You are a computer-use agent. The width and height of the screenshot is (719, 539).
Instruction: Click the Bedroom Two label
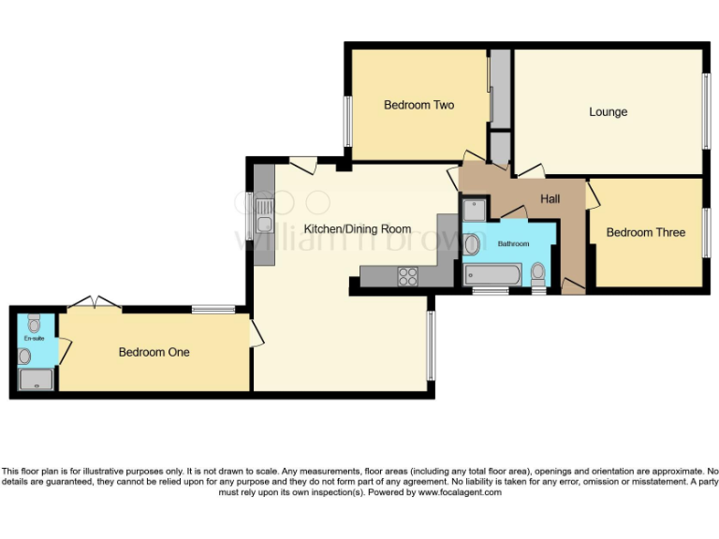pos(418,105)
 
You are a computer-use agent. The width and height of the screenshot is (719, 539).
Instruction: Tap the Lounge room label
pos(608,112)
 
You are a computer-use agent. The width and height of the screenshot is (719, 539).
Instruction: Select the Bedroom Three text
pos(645,232)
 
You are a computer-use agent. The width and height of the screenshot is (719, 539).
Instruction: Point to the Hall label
pos(550,199)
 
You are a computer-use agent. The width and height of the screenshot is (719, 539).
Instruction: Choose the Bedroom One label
pos(154,352)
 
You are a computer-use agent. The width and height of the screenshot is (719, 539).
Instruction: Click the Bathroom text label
pos(513,243)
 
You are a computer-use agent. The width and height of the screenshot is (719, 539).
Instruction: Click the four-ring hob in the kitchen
pos(408,276)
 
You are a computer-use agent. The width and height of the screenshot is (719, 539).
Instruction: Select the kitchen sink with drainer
pos(265,214)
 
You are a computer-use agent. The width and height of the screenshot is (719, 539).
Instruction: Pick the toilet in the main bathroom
pos(537,274)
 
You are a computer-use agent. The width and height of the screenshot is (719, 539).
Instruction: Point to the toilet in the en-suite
pos(35,326)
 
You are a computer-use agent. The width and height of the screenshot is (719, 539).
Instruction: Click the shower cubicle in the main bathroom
pos(474,210)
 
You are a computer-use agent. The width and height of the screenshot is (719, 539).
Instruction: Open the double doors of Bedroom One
pos(96,301)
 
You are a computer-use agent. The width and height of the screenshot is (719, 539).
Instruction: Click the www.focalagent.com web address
pos(459,492)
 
